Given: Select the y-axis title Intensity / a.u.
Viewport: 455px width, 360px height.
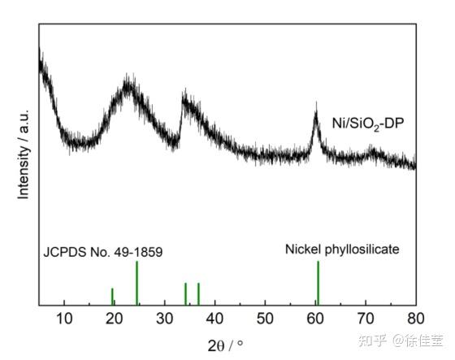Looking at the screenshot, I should [24, 154].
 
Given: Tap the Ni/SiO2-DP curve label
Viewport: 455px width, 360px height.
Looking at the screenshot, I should [368, 124].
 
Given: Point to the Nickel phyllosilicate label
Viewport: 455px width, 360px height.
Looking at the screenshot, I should [341, 249].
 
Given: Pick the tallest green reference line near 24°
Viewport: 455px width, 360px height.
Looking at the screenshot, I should [136, 283].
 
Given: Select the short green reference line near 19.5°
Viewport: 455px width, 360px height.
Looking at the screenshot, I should [112, 297].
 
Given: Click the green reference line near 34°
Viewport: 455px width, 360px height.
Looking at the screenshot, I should [185, 293].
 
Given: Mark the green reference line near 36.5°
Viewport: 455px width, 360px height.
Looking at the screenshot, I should [198, 293].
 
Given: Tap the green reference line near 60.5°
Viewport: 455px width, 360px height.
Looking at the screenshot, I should [318, 283].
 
